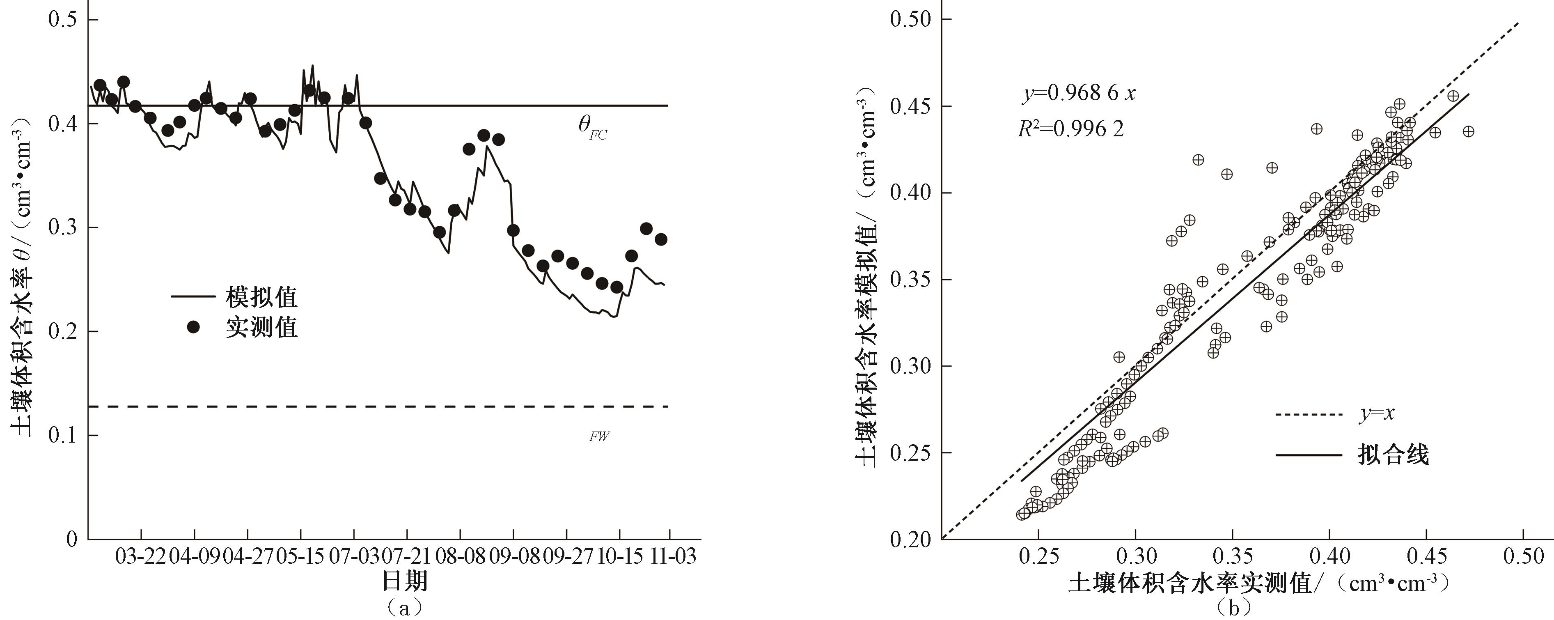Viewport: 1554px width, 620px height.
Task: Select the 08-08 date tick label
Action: click(461, 556)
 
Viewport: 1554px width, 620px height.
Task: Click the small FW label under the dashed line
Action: click(599, 436)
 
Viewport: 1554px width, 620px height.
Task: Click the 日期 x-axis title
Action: click(405, 581)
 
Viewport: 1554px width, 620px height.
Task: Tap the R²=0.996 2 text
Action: click(1071, 129)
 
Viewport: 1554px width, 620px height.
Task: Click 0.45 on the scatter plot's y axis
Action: click(911, 107)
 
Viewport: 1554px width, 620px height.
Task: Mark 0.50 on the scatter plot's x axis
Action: click(1523, 556)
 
